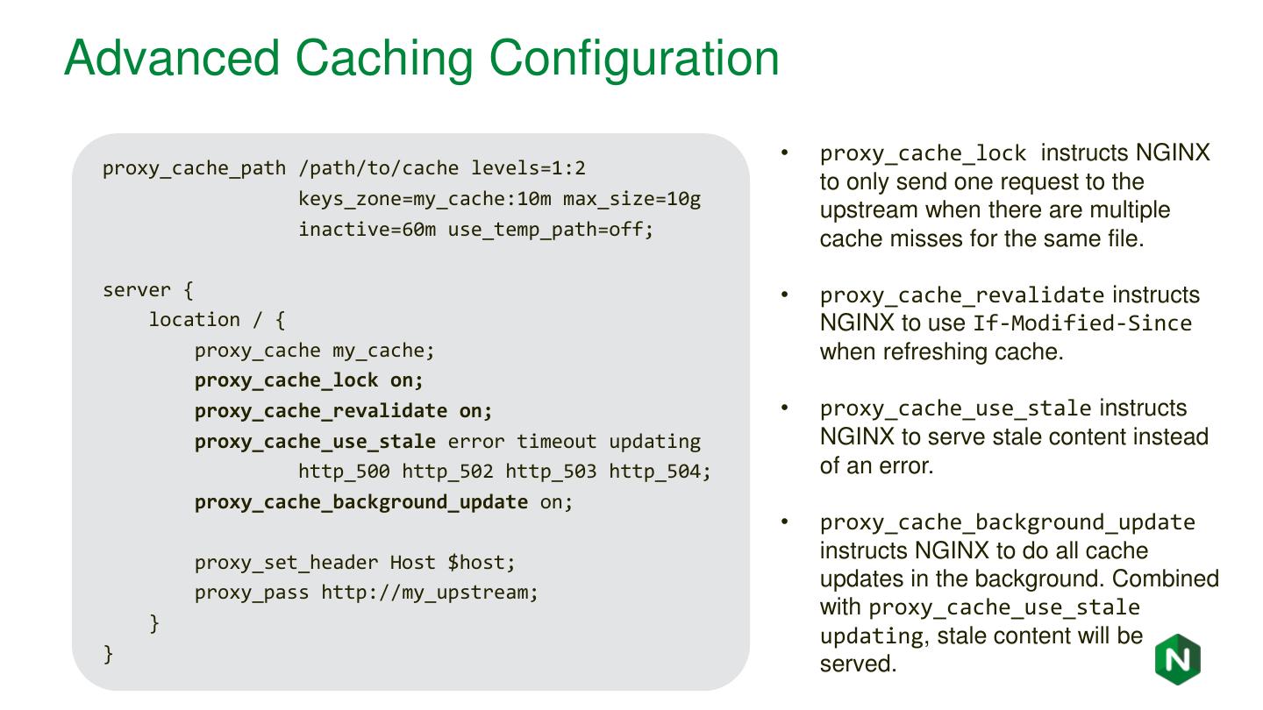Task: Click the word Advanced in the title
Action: [172, 58]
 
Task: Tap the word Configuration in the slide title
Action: [634, 58]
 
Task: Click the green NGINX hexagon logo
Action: [1177, 659]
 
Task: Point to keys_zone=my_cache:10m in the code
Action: [425, 199]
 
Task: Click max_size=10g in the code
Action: [631, 199]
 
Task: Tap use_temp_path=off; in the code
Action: [551, 230]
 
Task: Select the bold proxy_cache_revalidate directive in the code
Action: [320, 410]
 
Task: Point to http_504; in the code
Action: [660, 472]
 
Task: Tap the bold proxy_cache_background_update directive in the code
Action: [360, 502]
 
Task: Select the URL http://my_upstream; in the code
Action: [430, 593]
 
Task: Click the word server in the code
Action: [136, 289]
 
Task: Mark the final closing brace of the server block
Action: [109, 654]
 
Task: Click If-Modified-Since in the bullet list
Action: [1082, 323]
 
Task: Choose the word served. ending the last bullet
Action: [858, 664]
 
